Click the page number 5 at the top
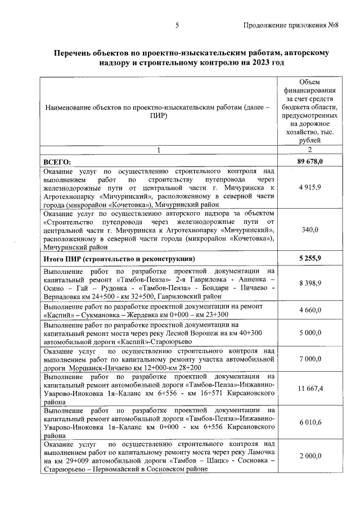(x=177, y=26)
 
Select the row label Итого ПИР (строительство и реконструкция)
(x=119, y=259)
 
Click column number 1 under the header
(x=159, y=150)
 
